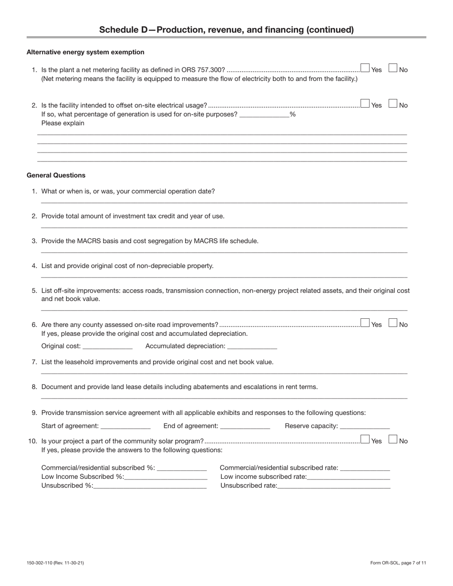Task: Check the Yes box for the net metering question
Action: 365,68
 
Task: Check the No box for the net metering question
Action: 393,68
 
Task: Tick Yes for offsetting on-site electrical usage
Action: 365,104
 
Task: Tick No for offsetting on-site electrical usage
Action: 393,104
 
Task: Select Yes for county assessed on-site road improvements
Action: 365,323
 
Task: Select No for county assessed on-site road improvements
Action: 393,323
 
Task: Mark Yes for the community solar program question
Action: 365,439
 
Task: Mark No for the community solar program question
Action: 393,439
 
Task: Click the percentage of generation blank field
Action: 264,114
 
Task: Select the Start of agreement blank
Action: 125,426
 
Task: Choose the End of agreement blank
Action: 245,426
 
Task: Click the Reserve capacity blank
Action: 365,426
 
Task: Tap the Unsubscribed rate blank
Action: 334,485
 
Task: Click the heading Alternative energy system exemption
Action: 85,52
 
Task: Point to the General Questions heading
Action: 56,175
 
